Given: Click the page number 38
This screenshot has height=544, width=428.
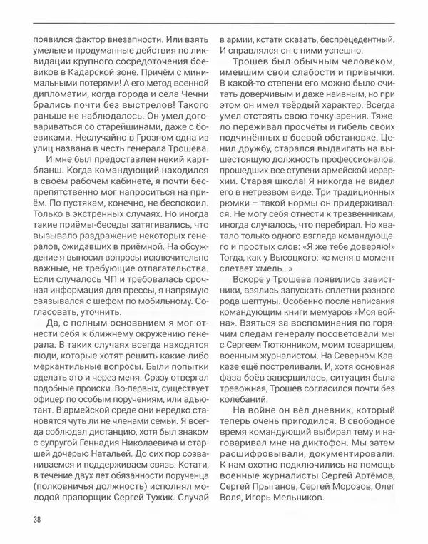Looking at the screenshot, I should click(35, 518).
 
